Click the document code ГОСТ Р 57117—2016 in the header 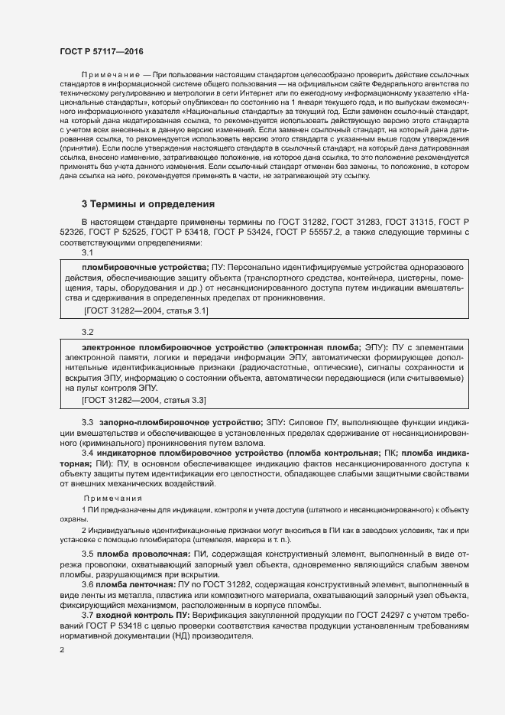[101, 50]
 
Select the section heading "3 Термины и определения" [148, 204]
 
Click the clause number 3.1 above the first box [87, 252]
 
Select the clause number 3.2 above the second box [87, 332]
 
